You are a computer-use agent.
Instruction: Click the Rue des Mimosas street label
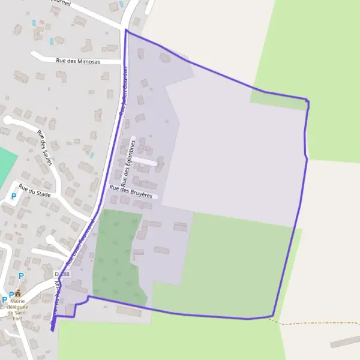pyautogui.click(x=80, y=61)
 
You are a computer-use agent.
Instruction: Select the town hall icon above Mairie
pyautogui.click(x=18, y=293)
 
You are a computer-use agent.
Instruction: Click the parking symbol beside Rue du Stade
pyautogui.click(x=14, y=196)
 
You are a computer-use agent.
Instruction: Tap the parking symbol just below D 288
pyautogui.click(x=21, y=276)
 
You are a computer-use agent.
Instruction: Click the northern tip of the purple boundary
pyautogui.click(x=126, y=29)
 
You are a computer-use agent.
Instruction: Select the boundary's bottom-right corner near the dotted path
pyautogui.click(x=272, y=316)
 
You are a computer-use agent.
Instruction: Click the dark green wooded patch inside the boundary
pyautogui.click(x=117, y=252)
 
